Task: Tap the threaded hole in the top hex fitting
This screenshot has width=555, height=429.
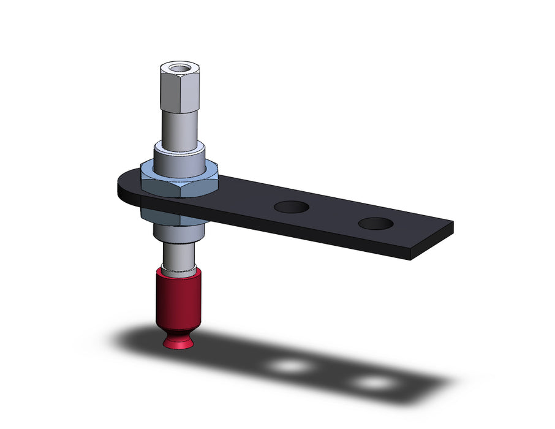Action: [x=178, y=67]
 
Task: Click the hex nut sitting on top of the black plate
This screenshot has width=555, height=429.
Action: [x=178, y=182]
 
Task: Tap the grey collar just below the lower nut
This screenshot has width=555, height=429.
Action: [x=178, y=232]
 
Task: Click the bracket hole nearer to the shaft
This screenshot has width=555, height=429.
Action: [x=291, y=207]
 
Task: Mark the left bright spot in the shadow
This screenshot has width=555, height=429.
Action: [x=290, y=366]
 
